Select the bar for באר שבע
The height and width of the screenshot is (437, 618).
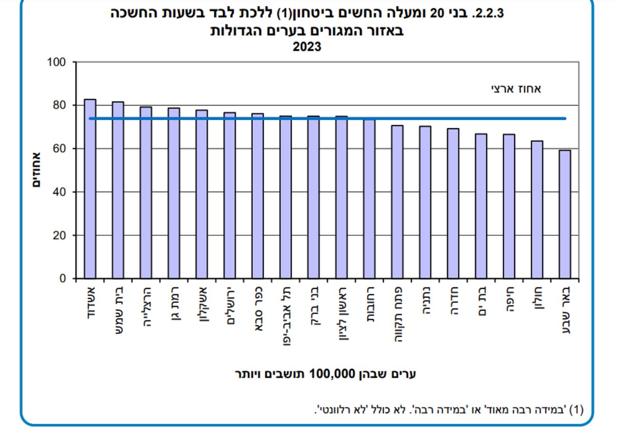[565, 214]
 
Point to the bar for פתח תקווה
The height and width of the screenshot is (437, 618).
[397, 202]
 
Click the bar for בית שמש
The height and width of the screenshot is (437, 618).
[118, 190]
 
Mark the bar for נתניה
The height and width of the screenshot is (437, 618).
[425, 202]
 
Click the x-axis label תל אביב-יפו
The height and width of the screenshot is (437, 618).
[285, 315]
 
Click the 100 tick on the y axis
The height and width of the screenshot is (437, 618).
[56, 62]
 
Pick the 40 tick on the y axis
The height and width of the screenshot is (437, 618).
[59, 192]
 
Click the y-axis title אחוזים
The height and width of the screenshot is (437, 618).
[37, 170]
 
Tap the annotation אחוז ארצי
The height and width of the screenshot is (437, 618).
[516, 89]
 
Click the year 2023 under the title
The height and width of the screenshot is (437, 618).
[307, 47]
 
